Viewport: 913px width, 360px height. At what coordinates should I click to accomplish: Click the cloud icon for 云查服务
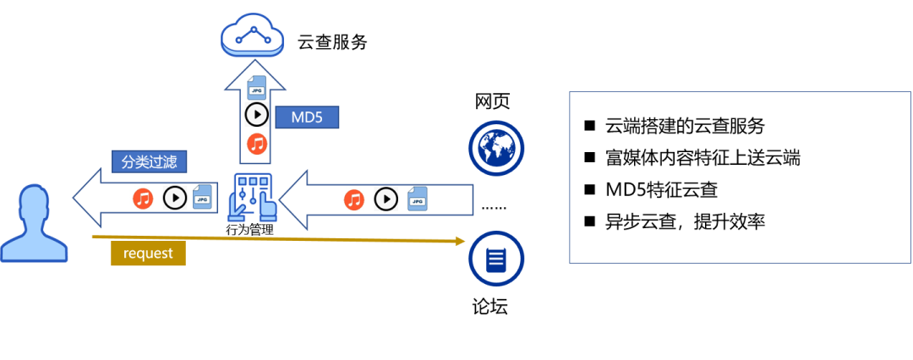click(x=252, y=35)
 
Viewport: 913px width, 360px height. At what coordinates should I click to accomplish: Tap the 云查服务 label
click(x=332, y=42)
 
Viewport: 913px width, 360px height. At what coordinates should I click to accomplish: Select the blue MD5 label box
click(x=307, y=117)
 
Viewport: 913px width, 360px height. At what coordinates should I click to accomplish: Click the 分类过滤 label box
click(x=150, y=161)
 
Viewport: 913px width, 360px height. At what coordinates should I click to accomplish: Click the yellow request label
click(x=148, y=253)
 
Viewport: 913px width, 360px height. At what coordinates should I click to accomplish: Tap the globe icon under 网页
click(x=496, y=146)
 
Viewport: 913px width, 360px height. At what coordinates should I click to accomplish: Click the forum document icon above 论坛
click(x=496, y=259)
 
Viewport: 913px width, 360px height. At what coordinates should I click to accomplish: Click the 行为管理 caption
click(x=250, y=229)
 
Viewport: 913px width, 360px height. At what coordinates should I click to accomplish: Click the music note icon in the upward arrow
click(x=257, y=144)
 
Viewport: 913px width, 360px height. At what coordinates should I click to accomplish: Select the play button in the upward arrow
click(x=256, y=115)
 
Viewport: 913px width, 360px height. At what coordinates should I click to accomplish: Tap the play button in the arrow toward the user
click(x=174, y=199)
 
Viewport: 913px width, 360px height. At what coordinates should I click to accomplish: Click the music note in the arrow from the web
click(x=354, y=199)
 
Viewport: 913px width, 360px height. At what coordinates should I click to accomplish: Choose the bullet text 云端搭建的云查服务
click(x=685, y=127)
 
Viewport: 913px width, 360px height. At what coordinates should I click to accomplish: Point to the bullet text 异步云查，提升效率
click(x=685, y=222)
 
